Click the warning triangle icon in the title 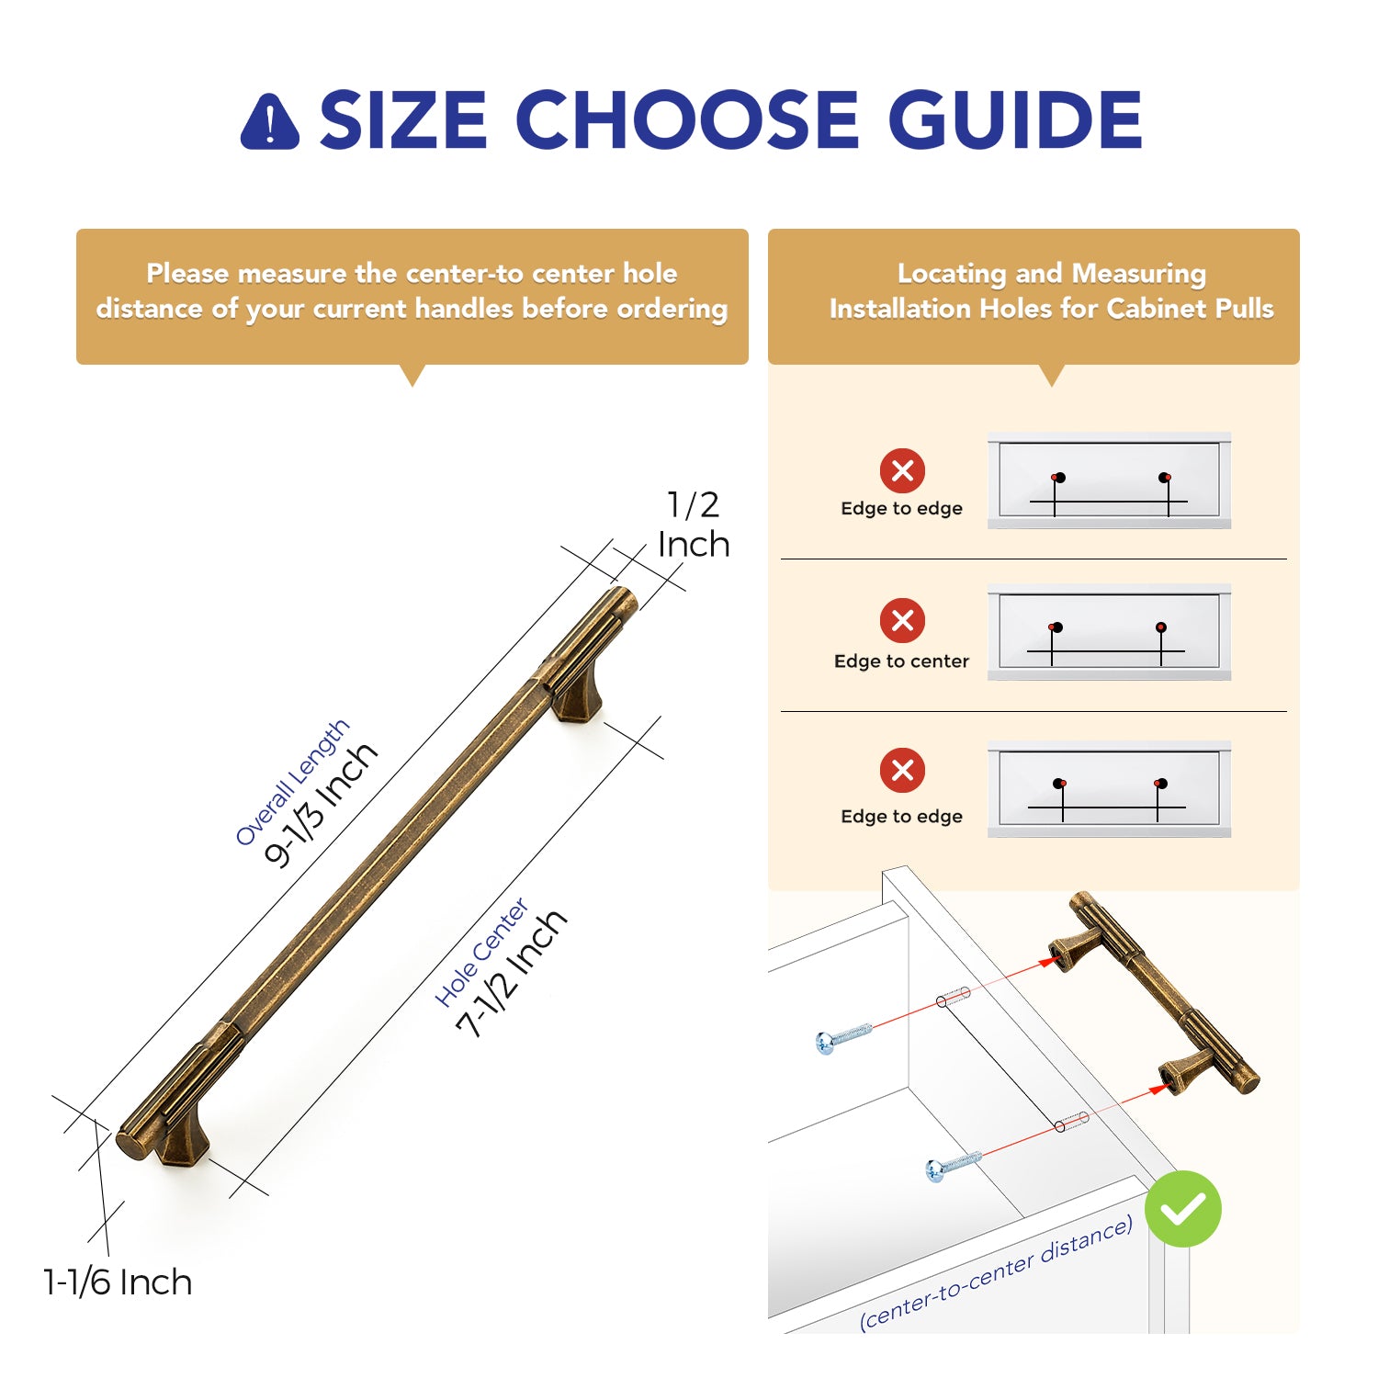click(x=269, y=121)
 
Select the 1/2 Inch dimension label click(x=695, y=524)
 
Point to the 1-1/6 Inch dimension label click(x=118, y=1282)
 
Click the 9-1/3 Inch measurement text click(x=321, y=805)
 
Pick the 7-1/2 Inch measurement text click(x=512, y=974)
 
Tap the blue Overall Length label click(x=292, y=782)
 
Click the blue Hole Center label click(x=482, y=953)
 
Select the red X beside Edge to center click(x=903, y=620)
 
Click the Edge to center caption click(x=901, y=661)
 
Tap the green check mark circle click(x=1183, y=1209)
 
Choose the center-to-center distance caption click(x=997, y=1272)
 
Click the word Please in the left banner click(x=187, y=273)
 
